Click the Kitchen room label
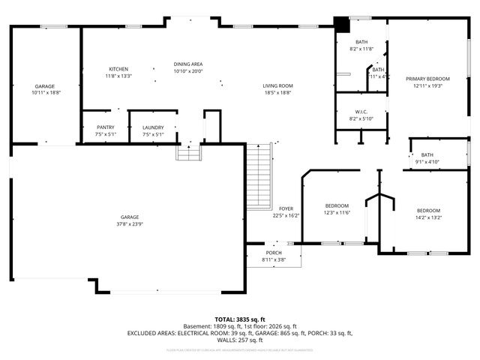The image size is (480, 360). coord(118,69)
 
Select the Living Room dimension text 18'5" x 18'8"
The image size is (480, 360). coord(277,93)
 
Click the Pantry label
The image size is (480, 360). coord(106,127)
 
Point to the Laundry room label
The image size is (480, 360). coord(153,127)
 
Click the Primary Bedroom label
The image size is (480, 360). coord(427,79)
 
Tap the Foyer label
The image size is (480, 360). coord(286,208)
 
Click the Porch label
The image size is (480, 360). coord(273,253)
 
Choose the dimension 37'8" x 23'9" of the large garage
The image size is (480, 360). coord(129,223)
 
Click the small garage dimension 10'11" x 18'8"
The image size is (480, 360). coord(46,93)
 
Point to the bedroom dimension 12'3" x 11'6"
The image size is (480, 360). coord(337,213)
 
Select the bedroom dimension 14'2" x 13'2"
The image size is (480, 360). coord(428,217)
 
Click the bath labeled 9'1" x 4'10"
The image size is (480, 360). coord(427,162)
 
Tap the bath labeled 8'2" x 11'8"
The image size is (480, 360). coord(361,49)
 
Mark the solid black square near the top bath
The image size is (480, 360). coord(341,25)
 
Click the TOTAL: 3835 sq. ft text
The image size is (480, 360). coord(240,319)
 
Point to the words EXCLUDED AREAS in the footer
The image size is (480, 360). coord(151,332)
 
